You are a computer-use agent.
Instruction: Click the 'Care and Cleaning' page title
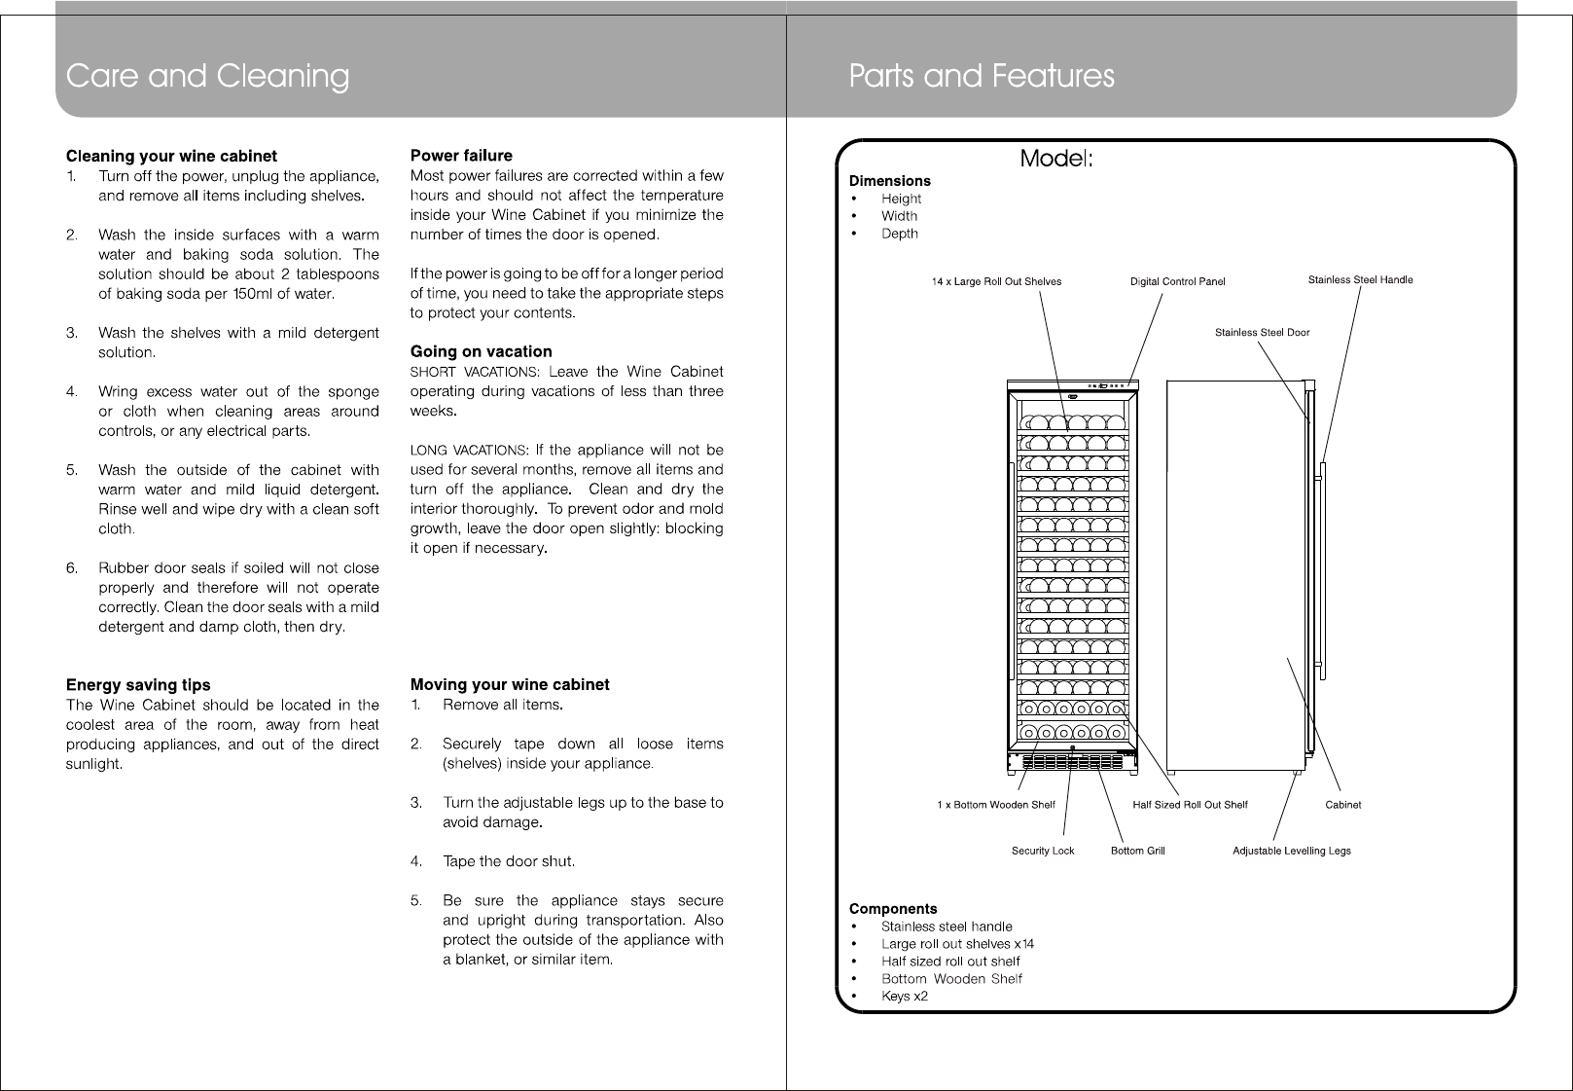point(207,76)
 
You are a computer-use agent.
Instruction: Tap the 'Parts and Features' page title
point(982,76)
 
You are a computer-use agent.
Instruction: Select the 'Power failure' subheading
point(461,156)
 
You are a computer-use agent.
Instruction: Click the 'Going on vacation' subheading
point(481,351)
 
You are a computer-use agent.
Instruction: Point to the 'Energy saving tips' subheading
point(138,685)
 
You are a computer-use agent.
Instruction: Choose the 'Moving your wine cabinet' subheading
point(510,684)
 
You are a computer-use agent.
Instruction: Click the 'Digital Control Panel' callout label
point(1177,282)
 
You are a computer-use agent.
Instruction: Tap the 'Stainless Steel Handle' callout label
point(1360,280)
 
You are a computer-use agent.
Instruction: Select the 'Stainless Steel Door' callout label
point(1262,333)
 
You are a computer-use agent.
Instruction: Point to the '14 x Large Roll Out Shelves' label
point(996,282)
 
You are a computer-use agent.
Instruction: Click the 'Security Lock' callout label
point(1043,851)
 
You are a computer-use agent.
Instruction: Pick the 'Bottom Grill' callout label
point(1137,851)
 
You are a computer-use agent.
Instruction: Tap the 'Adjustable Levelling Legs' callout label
point(1291,851)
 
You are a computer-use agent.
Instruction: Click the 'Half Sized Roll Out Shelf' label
point(1190,805)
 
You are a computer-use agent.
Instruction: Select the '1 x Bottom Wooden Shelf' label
point(996,805)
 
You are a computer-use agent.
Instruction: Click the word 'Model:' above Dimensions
point(1056,159)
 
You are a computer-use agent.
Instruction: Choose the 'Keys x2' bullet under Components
point(905,997)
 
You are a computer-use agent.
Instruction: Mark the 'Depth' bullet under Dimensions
point(899,234)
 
